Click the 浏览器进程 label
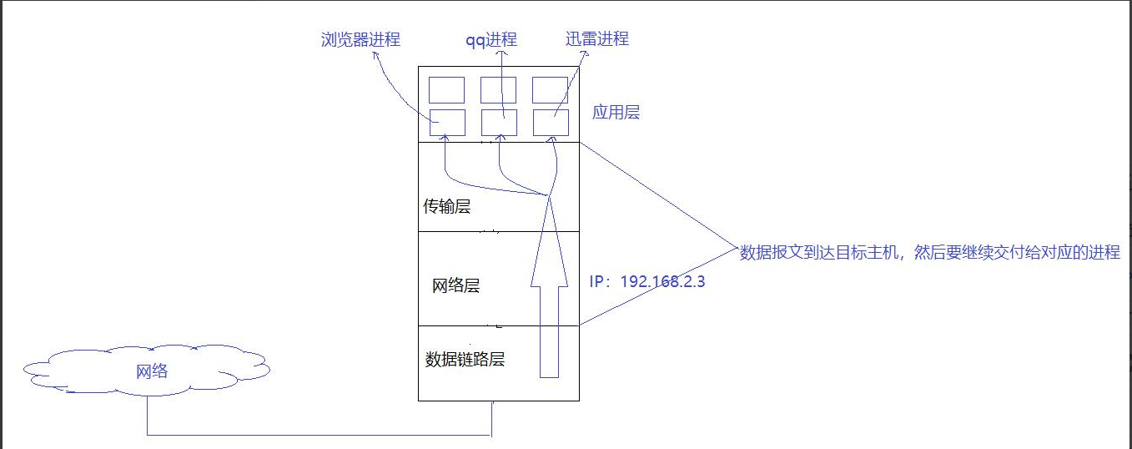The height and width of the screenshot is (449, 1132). click(360, 39)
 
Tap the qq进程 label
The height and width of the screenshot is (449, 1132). click(491, 40)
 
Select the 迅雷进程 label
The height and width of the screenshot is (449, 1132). click(596, 38)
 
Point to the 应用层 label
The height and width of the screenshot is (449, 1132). click(616, 113)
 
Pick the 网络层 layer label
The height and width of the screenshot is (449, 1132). click(455, 286)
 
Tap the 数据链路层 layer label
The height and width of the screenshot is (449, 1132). click(465, 360)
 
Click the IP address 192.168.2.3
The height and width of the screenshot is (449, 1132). click(647, 281)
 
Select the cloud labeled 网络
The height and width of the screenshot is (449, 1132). click(151, 371)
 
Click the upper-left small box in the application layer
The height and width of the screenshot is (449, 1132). click(446, 90)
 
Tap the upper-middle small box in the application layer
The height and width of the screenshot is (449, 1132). click(499, 90)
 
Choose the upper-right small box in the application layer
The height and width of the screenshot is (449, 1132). click(551, 90)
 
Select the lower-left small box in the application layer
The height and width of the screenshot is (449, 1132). click(446, 123)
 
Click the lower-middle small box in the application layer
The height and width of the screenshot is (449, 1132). click(499, 123)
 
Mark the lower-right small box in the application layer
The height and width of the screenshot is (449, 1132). click(551, 123)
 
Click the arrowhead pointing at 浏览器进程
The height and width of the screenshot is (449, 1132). click(375, 54)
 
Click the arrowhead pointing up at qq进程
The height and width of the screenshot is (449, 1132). click(502, 53)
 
